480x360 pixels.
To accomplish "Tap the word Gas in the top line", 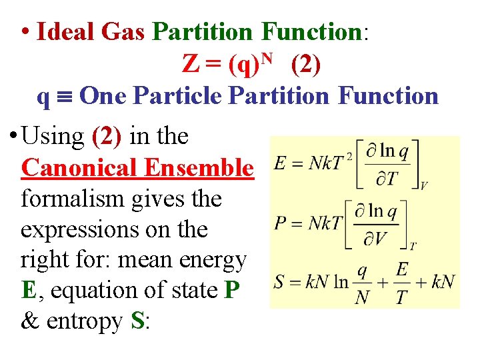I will click(124, 32).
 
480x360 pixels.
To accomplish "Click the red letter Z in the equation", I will click(190, 64).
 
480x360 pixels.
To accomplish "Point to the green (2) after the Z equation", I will click(305, 64).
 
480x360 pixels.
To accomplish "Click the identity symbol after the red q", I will click(63, 97).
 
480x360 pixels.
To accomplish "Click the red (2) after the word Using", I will click(106, 136).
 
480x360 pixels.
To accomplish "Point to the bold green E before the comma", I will click(27, 291).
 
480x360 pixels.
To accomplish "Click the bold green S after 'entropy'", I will click(138, 322).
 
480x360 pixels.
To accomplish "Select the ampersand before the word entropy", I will click(29, 322).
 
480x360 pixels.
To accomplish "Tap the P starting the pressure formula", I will click(281, 223).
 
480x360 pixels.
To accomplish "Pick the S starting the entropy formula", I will click(280, 282).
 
